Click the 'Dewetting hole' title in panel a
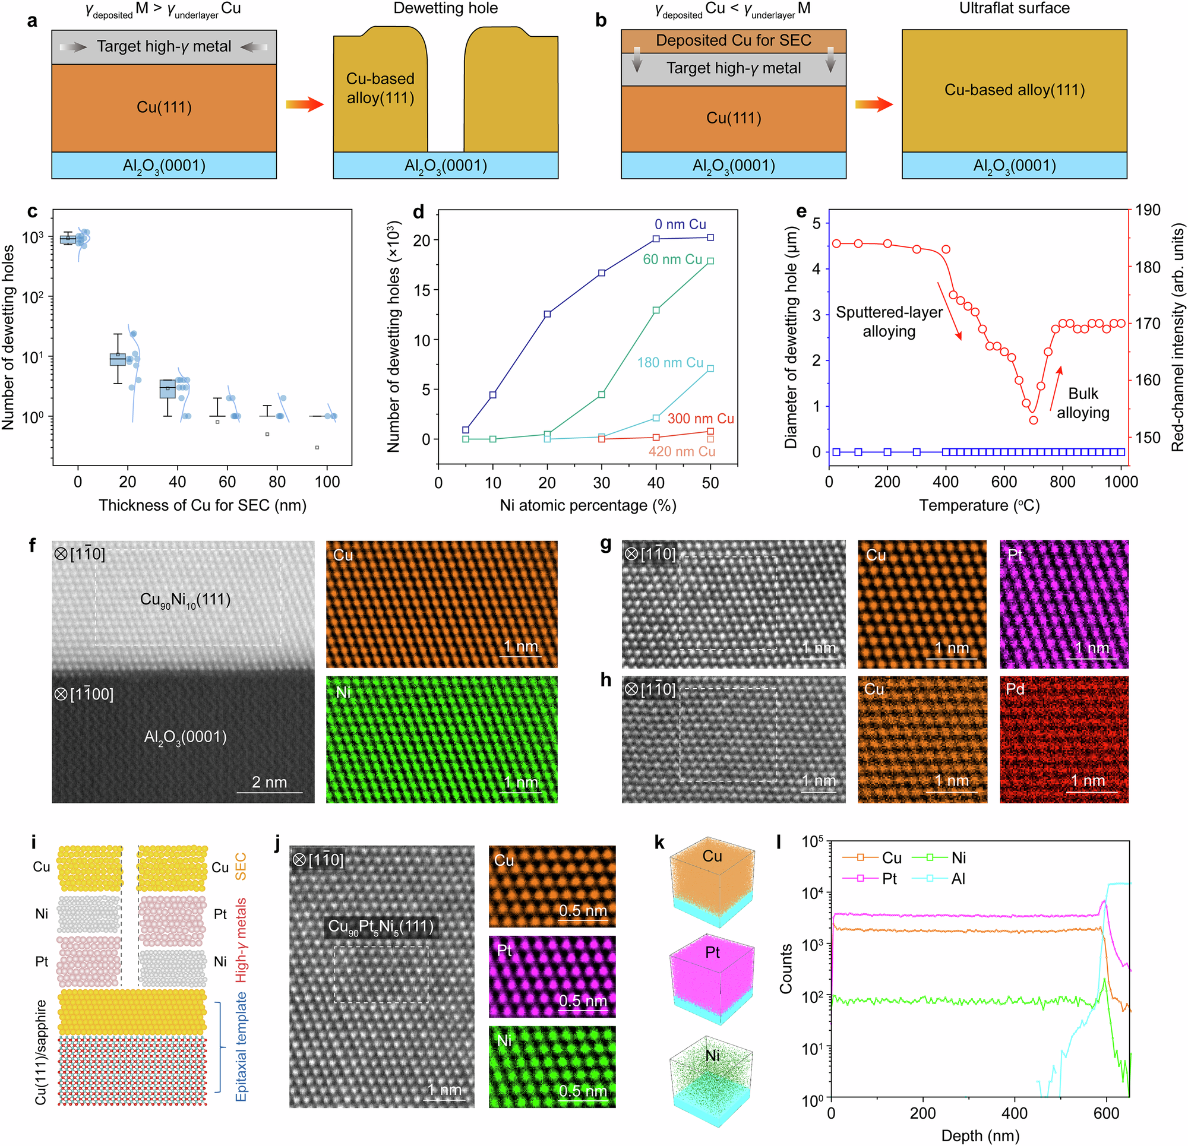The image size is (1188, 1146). [x=445, y=8]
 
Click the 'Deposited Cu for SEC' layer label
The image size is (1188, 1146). [x=734, y=40]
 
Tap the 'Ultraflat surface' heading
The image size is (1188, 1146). [x=1014, y=8]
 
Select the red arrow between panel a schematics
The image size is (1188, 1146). [x=305, y=105]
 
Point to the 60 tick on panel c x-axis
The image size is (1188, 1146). [x=228, y=482]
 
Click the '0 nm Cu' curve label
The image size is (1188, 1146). [x=680, y=224]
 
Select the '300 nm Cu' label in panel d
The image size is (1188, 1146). [x=701, y=419]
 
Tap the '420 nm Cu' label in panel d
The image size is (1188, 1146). [x=681, y=451]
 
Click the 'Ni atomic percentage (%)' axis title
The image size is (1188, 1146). [x=587, y=505]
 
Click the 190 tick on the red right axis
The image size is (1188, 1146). [x=1148, y=210]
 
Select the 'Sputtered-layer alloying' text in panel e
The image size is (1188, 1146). [x=889, y=322]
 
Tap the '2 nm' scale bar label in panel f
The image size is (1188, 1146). [x=269, y=783]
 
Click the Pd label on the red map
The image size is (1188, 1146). [x=1015, y=689]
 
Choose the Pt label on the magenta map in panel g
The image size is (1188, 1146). [x=1015, y=555]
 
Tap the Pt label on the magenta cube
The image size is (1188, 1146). [x=712, y=952]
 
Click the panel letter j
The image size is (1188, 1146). [x=277, y=843]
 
